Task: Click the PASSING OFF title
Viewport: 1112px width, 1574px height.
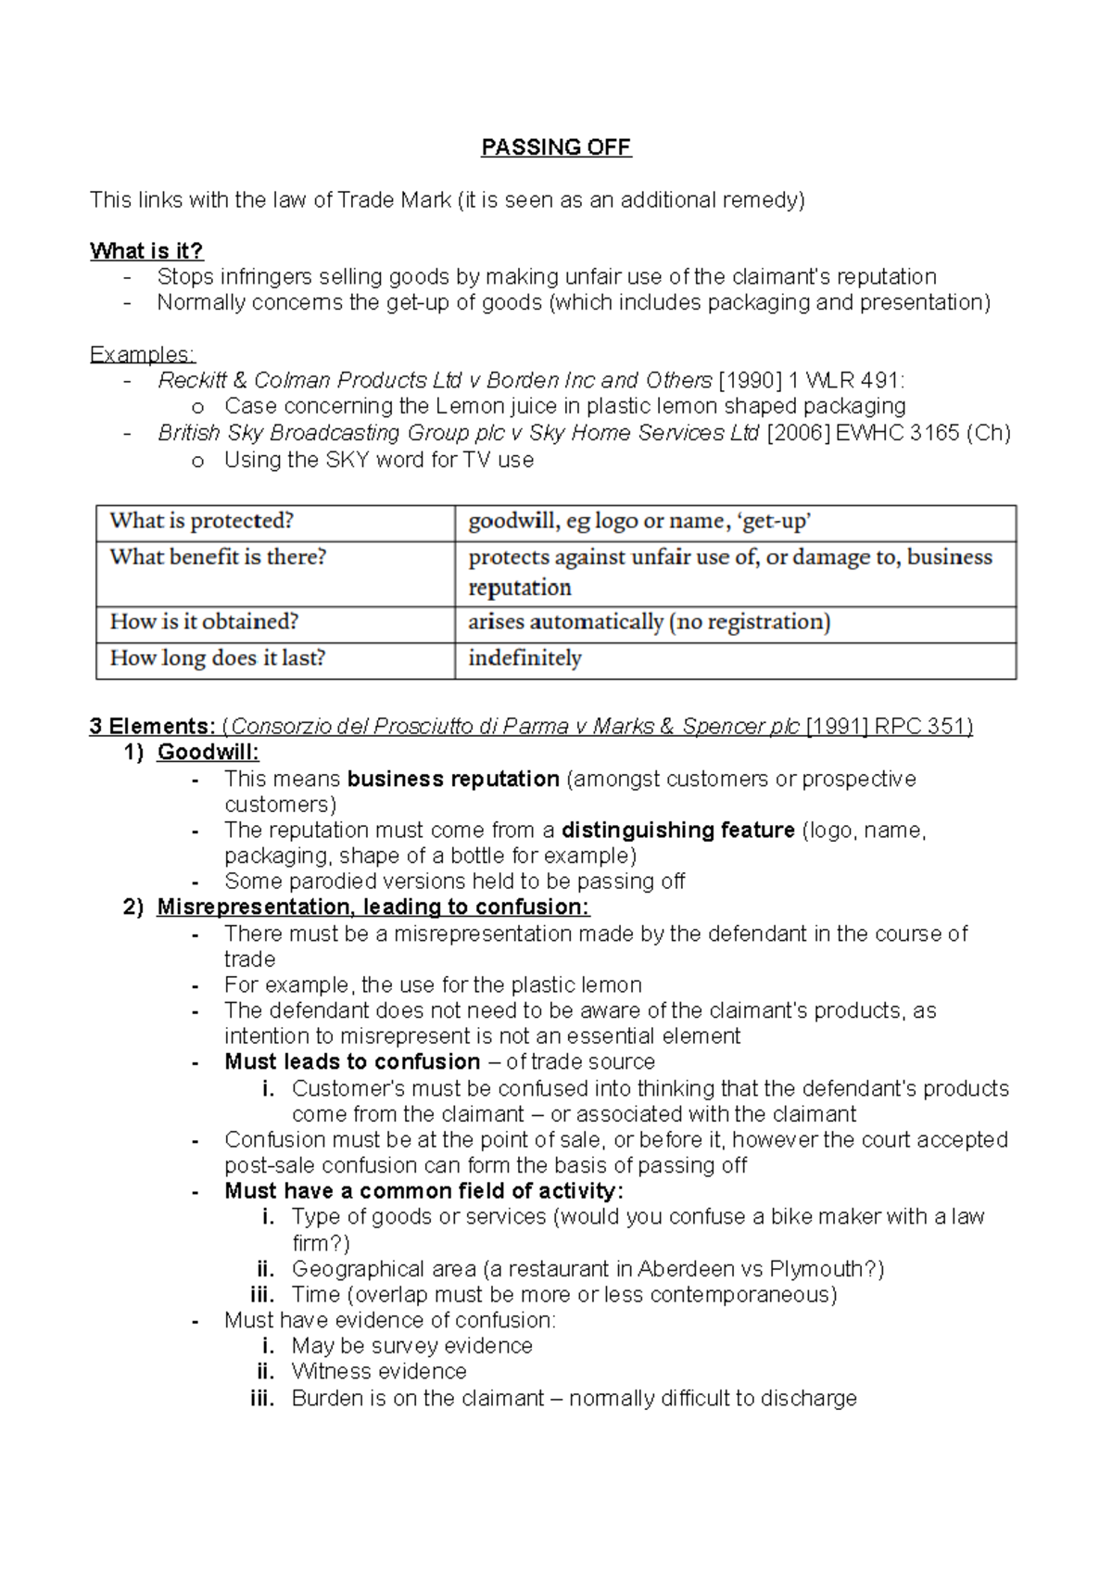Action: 556,147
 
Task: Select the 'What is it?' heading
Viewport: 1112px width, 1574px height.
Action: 146,251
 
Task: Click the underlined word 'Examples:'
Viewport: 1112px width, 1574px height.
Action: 142,354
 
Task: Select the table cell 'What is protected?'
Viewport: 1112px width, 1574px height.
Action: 202,521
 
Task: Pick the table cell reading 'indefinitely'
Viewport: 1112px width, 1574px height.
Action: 524,658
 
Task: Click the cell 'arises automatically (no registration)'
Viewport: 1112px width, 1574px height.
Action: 649,622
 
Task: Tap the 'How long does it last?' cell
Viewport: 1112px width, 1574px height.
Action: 218,658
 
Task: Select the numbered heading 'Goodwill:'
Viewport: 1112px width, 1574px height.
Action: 208,752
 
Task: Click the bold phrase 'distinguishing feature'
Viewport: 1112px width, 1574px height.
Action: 677,830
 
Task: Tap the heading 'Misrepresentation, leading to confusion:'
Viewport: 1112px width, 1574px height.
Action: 373,907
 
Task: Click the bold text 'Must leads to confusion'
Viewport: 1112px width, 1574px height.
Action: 352,1061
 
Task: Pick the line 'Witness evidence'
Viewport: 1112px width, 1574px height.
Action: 379,1371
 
